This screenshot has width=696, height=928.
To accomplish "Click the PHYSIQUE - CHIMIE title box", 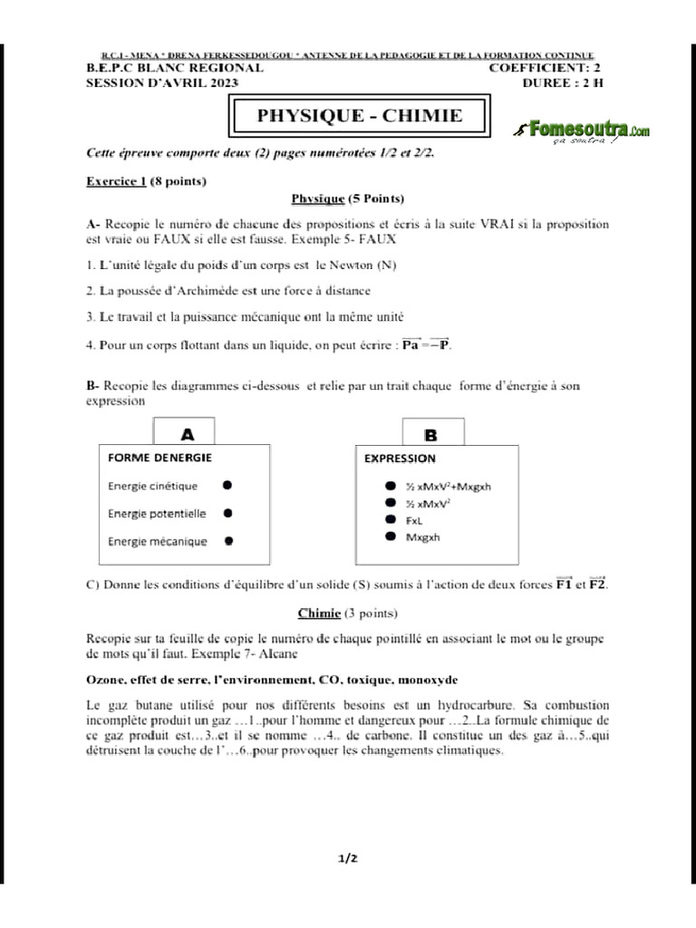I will pyautogui.click(x=360, y=116).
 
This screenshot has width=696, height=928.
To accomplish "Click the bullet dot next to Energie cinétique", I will pyautogui.click(x=227, y=485).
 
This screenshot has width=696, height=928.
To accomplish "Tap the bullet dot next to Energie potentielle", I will pyautogui.click(x=227, y=513).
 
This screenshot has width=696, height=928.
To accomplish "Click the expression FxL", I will pyautogui.click(x=416, y=520).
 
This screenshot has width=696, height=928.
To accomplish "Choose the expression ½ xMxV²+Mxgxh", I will pyautogui.click(x=449, y=486).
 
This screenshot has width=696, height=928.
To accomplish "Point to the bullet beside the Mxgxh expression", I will pyautogui.click(x=390, y=536).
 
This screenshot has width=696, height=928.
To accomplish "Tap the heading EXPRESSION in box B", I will pyautogui.click(x=400, y=459).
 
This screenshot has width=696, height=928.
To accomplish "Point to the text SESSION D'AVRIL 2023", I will pyautogui.click(x=161, y=83).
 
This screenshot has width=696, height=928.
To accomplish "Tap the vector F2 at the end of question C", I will pyautogui.click(x=596, y=585).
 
